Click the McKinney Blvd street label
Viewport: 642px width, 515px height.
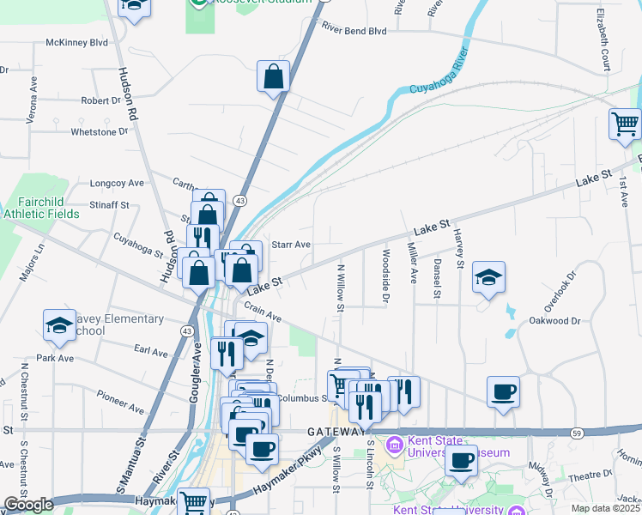77,41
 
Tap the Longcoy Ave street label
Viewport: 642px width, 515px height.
117,183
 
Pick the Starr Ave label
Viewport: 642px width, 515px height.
291,244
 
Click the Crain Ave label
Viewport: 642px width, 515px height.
263,311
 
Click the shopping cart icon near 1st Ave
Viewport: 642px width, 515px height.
625,124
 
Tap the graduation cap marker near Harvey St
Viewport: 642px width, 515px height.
488,277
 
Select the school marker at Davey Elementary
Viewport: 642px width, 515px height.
59,324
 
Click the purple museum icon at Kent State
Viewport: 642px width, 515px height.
394,445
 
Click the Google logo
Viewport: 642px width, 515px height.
28,505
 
